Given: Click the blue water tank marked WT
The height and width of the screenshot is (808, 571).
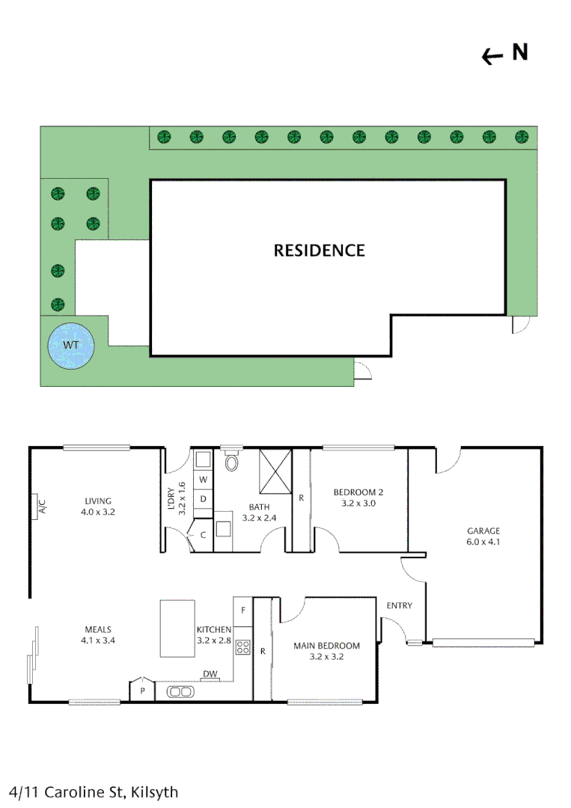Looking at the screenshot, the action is point(71,346).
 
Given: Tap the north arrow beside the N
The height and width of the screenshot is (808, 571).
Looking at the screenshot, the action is point(492,56).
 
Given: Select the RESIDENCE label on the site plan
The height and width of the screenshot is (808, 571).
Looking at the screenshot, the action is point(319,251).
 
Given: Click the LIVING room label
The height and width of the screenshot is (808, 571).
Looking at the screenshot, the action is point(98,501).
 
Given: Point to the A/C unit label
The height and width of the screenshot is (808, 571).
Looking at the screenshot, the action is point(43,506).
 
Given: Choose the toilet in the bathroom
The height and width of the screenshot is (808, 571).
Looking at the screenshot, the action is point(231,459).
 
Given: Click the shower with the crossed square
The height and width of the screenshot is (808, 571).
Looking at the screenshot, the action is point(275,471).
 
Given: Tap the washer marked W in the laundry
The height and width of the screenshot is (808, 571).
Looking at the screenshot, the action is point(203,480).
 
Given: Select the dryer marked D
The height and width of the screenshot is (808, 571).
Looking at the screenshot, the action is point(203,499).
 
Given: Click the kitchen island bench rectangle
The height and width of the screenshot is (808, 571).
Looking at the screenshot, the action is point(177,628).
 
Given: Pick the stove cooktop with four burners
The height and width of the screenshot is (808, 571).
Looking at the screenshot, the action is point(242,647).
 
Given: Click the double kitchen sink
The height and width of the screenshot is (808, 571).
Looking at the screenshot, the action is point(180,692).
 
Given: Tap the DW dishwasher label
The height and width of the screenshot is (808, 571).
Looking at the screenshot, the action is point(210,674).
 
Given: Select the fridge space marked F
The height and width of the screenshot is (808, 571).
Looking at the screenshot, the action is point(243,611).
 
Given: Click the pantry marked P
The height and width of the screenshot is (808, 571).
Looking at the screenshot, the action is point(142,689).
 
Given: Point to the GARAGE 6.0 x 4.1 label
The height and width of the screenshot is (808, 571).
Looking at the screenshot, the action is point(483,536).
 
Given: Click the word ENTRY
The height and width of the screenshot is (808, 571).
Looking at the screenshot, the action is point(400,605).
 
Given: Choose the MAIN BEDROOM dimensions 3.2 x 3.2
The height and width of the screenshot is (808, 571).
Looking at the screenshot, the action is point(327,657).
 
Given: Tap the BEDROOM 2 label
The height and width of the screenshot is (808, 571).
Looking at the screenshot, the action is point(358,492).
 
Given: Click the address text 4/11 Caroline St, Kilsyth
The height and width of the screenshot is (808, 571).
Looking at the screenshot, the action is point(94,792).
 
